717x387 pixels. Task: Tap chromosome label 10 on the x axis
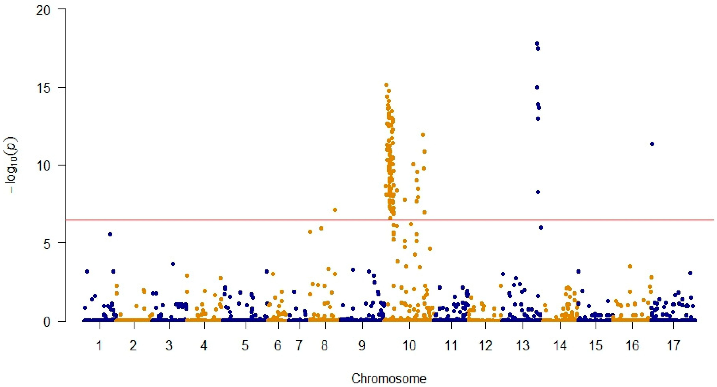[409, 346]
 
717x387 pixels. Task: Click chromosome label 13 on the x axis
[523, 346]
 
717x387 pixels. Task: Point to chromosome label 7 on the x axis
[299, 346]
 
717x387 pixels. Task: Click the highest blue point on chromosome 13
[537, 43]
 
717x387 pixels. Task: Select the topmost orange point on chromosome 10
[386, 85]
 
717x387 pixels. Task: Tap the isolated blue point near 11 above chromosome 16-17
[652, 144]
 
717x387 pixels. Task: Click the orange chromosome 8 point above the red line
[335, 210]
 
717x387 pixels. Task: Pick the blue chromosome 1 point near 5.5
[110, 234]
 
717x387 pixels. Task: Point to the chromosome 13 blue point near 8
[538, 192]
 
